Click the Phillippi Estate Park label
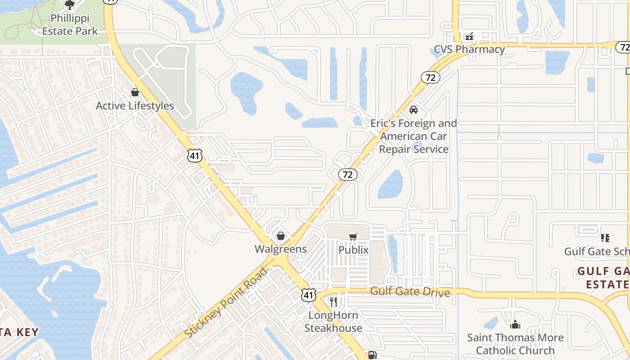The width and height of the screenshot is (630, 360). [70, 25]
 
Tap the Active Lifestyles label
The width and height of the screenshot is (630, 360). [135, 106]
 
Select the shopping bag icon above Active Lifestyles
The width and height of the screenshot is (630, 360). [135, 92]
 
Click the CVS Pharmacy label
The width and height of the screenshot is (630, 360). [469, 49]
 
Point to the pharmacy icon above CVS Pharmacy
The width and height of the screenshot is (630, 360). [469, 36]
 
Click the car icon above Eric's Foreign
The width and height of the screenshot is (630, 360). [413, 109]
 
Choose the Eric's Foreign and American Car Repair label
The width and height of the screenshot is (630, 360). [414, 136]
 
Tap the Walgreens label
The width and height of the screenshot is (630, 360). [281, 249]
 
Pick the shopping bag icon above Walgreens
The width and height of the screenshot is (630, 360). [281, 235]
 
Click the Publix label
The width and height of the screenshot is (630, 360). [353, 250]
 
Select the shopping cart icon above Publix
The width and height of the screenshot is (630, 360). [353, 237]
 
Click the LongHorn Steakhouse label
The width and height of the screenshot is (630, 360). [333, 321]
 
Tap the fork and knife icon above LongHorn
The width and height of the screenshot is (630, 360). [333, 301]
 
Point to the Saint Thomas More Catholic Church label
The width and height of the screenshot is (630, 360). [515, 344]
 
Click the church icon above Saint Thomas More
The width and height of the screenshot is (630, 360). [515, 324]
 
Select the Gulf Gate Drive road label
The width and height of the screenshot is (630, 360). [410, 292]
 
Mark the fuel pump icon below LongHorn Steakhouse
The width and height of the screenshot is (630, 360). [372, 355]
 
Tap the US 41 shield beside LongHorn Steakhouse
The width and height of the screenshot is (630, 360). [308, 295]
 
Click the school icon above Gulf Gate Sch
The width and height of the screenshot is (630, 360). [605, 238]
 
